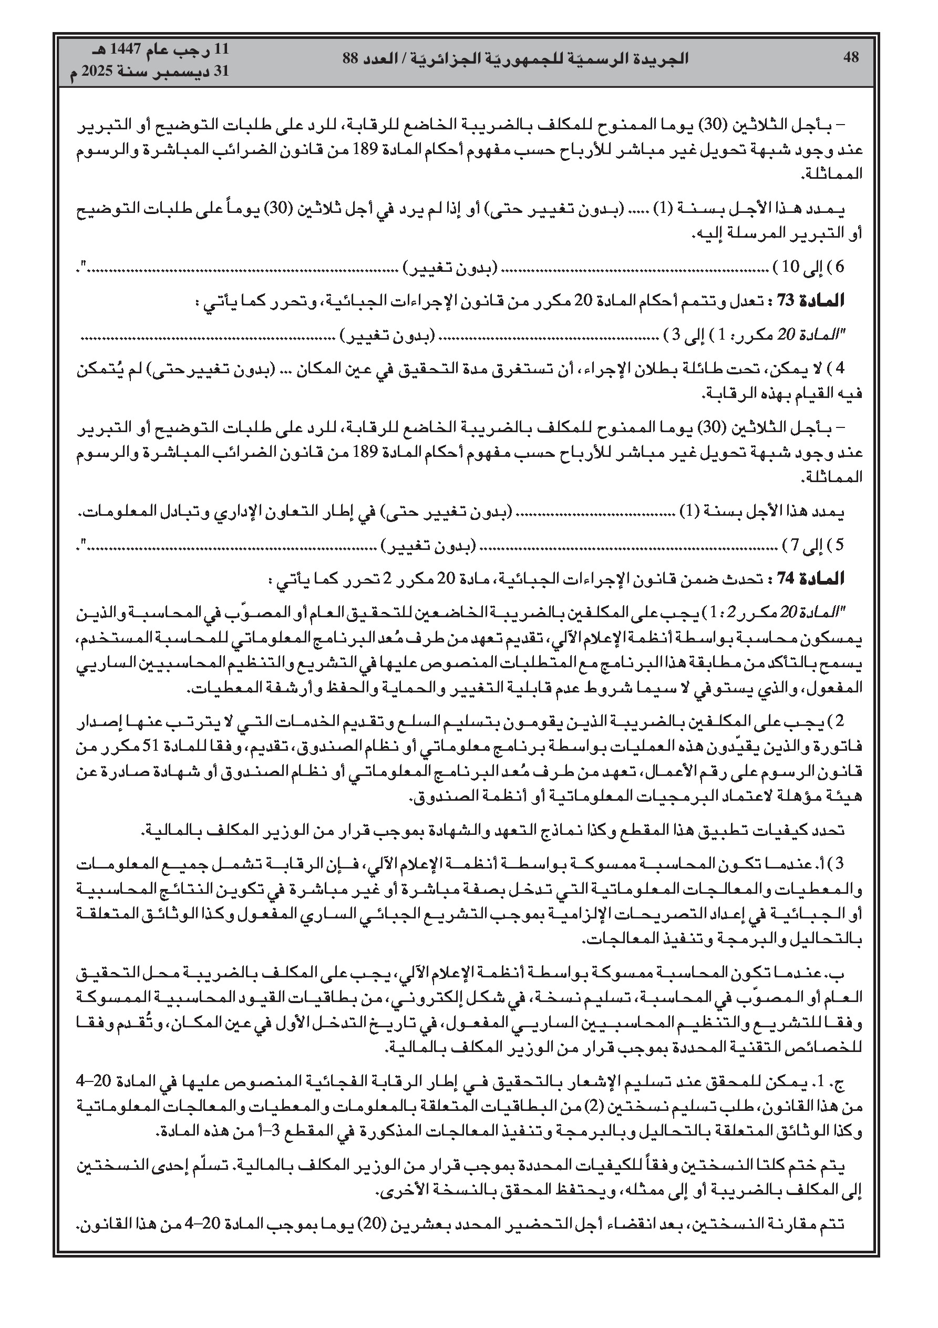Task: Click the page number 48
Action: pyautogui.click(x=851, y=57)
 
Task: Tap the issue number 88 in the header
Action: pyautogui.click(x=351, y=58)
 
